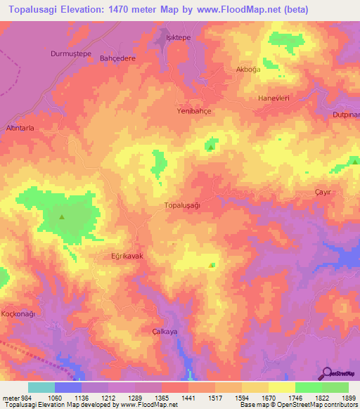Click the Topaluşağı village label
(182, 205)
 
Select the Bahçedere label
(117, 58)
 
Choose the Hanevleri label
(274, 98)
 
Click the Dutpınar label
(346, 114)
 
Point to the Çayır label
(322, 192)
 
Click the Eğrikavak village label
(127, 257)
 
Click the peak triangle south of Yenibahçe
(210, 148)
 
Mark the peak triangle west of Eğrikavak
(62, 216)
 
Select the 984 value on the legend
(21, 397)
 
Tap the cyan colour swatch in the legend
(41, 387)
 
